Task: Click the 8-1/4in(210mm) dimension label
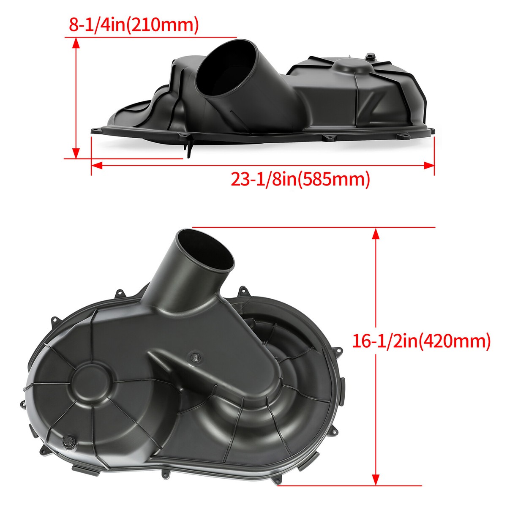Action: [134, 25]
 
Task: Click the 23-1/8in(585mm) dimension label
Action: [300, 179]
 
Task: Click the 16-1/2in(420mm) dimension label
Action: [421, 341]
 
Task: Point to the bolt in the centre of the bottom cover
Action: [195, 357]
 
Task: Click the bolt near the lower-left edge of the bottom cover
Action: [68, 441]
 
